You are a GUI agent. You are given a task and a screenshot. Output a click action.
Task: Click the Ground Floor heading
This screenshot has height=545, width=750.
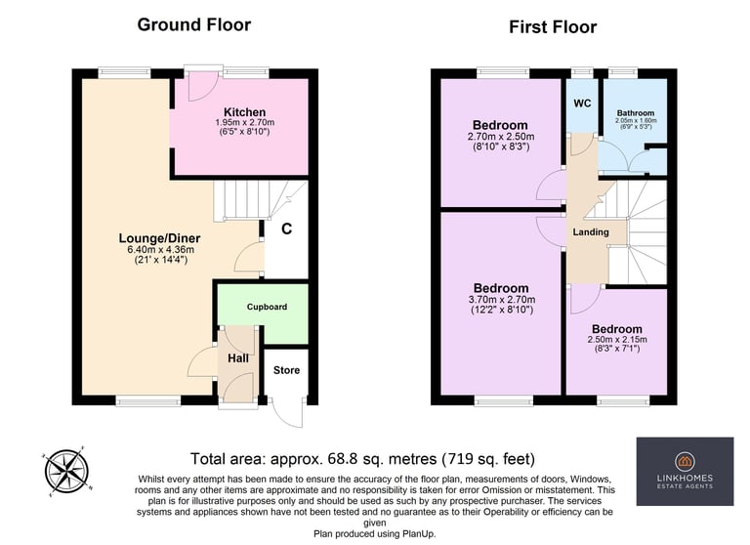pos(193,24)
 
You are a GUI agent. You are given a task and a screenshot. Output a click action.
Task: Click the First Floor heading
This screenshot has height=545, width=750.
pos(553,26)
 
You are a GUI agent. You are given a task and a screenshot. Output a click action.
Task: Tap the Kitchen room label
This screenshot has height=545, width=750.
pos(244,112)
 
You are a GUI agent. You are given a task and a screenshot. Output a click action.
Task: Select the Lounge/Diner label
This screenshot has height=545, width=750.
pos(159,237)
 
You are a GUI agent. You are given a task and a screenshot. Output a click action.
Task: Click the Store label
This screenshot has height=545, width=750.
pos(286,370)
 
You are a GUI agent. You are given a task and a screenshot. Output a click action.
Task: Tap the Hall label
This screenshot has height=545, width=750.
pos(238,357)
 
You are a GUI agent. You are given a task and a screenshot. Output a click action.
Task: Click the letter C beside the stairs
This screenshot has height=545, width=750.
pos(286,230)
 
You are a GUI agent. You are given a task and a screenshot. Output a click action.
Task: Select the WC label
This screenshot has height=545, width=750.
pos(582,104)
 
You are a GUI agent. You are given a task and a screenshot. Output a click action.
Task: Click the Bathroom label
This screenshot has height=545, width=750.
pos(636,113)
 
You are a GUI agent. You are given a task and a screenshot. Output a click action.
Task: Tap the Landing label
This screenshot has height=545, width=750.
pos(591,232)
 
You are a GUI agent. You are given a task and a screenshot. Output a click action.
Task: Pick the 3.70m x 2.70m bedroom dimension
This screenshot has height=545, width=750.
pos(502,300)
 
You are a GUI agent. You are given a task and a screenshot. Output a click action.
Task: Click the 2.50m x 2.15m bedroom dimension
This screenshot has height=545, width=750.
pos(617,339)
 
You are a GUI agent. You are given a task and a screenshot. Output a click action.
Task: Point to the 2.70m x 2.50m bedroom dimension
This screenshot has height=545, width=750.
pos(501,137)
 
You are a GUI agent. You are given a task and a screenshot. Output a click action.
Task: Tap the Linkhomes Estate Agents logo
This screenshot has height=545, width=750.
pos(685,472)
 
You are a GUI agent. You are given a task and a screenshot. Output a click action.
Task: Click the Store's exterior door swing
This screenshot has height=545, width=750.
pos(288,412)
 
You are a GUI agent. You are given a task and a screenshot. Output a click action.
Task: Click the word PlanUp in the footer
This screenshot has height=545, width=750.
pos(419,533)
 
